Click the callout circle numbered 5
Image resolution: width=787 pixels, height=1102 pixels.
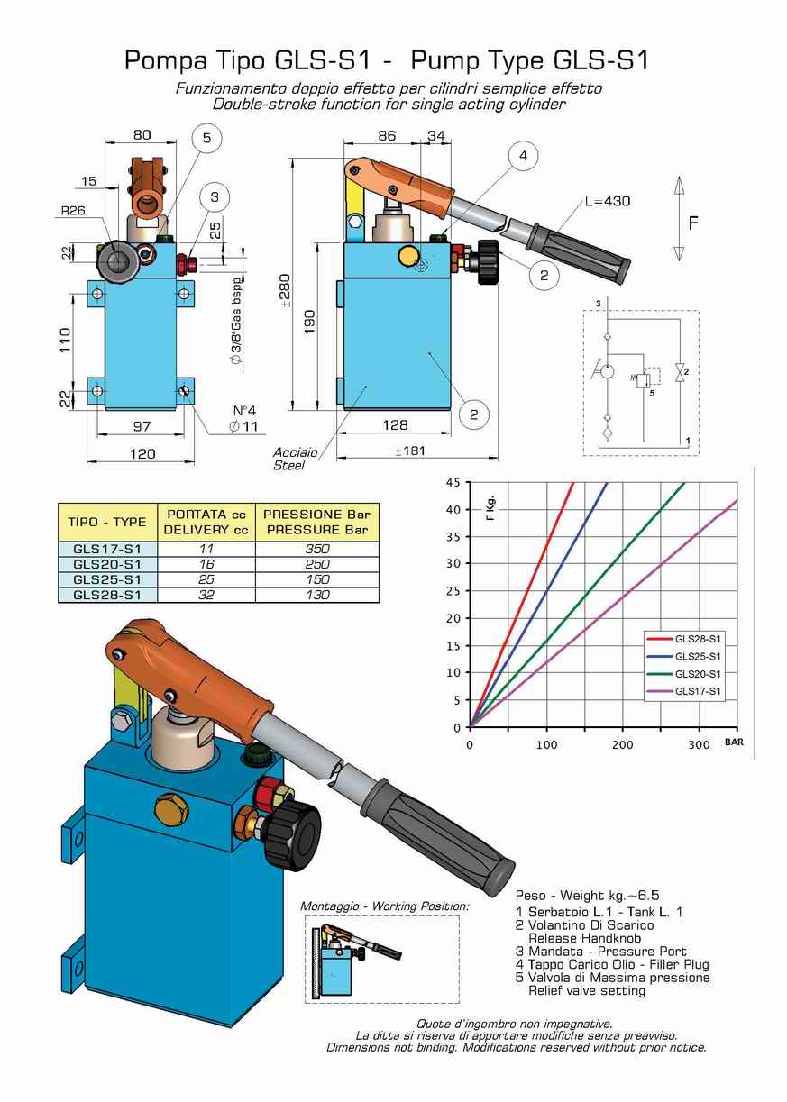206,138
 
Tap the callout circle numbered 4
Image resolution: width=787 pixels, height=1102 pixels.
522,156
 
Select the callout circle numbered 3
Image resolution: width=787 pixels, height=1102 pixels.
215,197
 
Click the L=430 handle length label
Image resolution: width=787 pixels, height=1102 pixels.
607,201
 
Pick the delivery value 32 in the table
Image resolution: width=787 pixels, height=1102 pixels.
206,595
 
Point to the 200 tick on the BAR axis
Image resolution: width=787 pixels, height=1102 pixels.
622,744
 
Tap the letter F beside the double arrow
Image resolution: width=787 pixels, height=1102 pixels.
693,222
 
